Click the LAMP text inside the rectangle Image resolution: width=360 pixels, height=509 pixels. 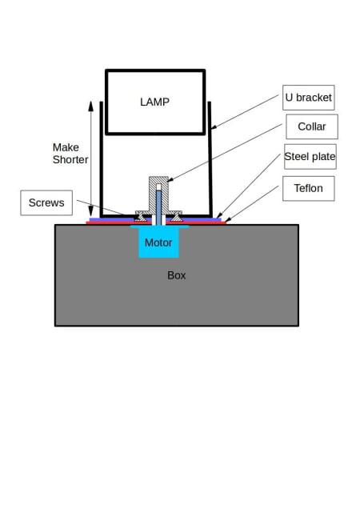pos(154,102)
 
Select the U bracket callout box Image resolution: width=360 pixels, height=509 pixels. pos(308,98)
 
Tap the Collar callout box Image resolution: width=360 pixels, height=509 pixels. pos(312,126)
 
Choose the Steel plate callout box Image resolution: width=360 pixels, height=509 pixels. pos(310,157)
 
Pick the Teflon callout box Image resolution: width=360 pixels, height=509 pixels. pos(308,188)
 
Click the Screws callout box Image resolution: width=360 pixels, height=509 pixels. pos(46,203)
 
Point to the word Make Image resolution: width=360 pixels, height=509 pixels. pos(66,147)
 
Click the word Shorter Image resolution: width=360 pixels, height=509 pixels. pos(70,160)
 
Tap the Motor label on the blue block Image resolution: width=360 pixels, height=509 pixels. pos(158,242)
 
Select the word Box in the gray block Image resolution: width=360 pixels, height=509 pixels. pos(177,275)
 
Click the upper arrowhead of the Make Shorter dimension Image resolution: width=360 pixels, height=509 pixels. pos(91,106)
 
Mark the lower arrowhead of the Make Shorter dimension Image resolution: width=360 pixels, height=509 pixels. pos(91,210)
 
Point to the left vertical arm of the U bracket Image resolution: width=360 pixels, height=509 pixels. pos(102,158)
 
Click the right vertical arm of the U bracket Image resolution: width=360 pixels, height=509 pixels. pos(210,158)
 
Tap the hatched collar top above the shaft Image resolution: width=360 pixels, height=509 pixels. pos(158,180)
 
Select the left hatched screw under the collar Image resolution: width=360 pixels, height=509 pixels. pos(141,217)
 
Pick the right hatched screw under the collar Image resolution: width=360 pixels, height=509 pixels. pos(177,217)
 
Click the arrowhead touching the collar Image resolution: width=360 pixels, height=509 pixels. pos(170,179)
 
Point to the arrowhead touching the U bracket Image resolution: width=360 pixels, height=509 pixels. pos(214,127)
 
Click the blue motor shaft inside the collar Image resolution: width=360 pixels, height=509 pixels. pos(158,208)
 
